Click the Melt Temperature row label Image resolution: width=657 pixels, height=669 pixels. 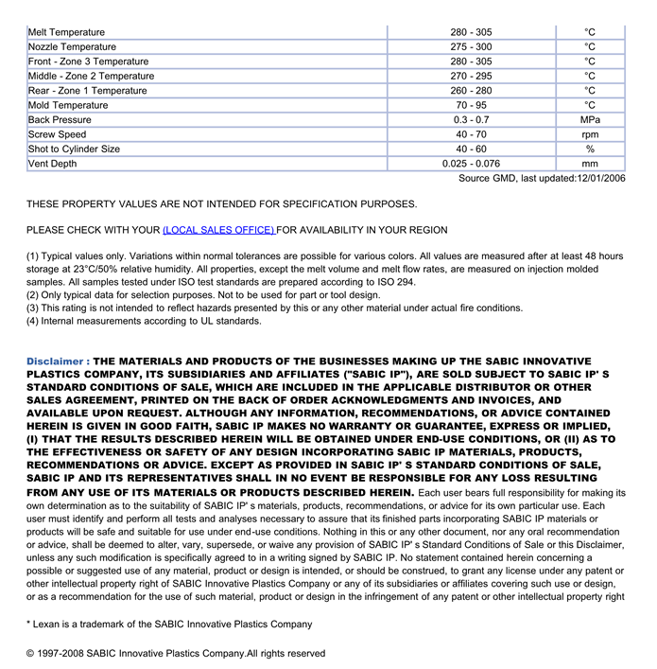[66, 32]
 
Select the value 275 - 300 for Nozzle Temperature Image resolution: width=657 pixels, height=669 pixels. [471, 47]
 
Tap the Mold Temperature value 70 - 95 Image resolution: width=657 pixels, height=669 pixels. [471, 105]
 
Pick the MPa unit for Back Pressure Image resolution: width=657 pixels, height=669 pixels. [590, 120]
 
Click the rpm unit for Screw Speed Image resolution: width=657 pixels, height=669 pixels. [590, 134]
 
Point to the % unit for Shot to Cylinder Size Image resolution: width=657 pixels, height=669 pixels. [590, 150]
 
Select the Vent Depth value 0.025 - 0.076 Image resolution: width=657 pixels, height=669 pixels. [471, 164]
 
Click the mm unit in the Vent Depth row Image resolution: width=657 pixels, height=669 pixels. [590, 164]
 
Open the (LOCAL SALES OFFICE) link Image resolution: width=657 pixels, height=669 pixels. [218, 230]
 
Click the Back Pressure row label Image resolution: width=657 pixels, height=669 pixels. [60, 120]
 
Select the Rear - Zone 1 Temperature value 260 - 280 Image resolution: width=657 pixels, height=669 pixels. [471, 91]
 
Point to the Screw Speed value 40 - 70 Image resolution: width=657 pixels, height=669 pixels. [471, 134]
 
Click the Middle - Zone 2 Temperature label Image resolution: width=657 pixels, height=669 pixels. [91, 76]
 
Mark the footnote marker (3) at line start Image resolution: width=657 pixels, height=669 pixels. [32, 308]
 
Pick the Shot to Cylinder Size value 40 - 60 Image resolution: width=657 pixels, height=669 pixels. [471, 150]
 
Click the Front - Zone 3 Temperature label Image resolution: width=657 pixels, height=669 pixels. [88, 62]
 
